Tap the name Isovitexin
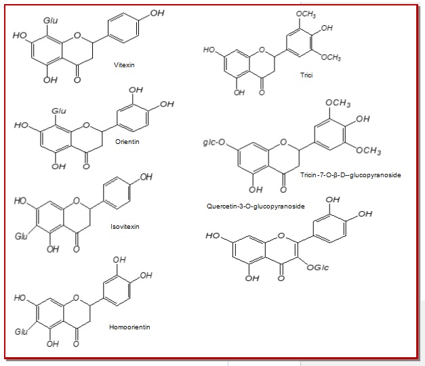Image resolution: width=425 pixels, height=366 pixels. click(x=126, y=227)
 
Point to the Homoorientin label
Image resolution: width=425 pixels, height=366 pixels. click(x=129, y=327)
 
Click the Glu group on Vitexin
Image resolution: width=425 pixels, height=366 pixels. click(x=51, y=21)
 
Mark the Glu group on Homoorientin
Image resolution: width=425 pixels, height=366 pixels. click(x=22, y=332)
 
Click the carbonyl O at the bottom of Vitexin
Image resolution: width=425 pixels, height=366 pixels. click(x=77, y=80)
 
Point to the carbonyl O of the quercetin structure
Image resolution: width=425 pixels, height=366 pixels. click(x=279, y=278)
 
